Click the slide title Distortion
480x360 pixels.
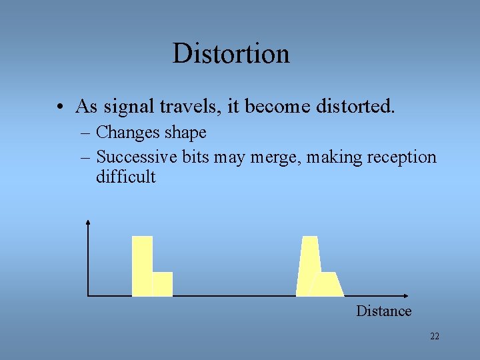(231, 53)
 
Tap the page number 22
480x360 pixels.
(435, 337)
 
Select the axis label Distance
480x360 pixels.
(383, 311)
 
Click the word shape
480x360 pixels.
(185, 133)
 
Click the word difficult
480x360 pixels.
(125, 177)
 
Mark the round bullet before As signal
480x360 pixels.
(60, 107)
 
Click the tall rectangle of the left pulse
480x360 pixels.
(142, 265)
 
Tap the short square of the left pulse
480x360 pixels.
(163, 284)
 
